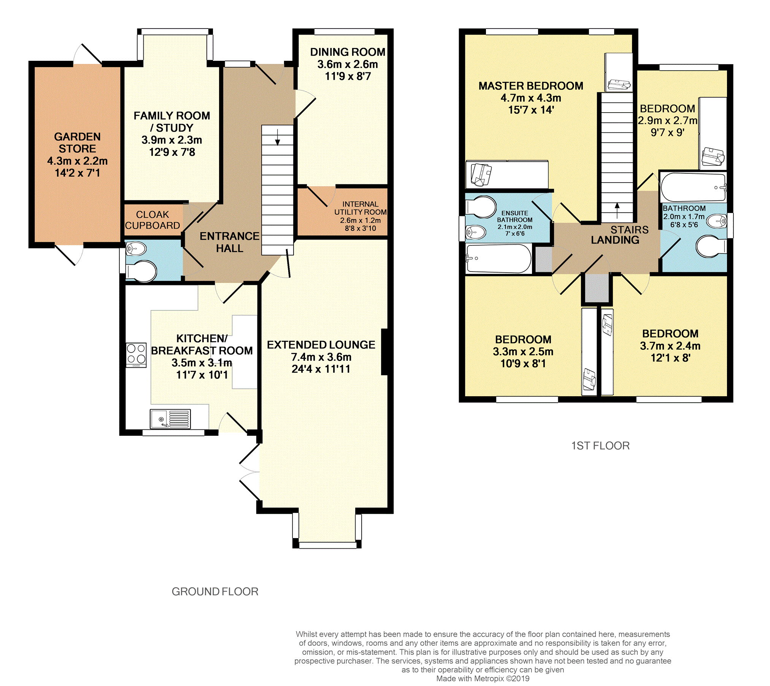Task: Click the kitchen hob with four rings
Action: coord(136,355)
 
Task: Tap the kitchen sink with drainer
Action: coord(170,419)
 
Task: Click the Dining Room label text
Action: coord(348,52)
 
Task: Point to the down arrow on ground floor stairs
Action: coord(278,137)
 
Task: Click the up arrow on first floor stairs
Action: coord(617,211)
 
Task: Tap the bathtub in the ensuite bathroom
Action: coord(499,259)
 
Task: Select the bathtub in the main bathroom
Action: coord(693,187)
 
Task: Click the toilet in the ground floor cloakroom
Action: coord(141,271)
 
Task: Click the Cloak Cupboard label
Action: coord(152,220)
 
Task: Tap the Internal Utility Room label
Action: coord(360,208)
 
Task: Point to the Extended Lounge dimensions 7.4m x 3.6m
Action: coord(321,357)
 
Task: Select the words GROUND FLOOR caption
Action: coord(215,592)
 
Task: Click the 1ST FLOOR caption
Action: coord(600,446)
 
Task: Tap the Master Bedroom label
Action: coord(531,86)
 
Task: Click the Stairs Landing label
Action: coord(620,235)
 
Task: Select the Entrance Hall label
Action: coord(230,242)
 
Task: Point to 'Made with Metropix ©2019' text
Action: coord(483,679)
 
